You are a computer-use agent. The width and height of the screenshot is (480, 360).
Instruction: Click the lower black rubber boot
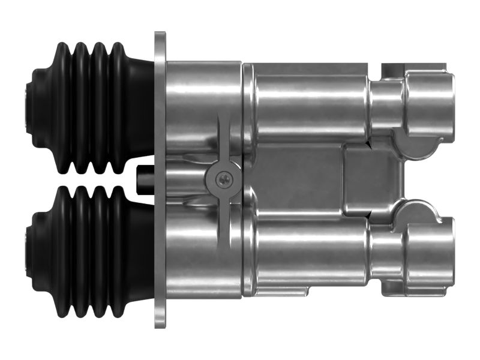pos(90,252)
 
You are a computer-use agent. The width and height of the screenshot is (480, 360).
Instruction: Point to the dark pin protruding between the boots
pos(144,178)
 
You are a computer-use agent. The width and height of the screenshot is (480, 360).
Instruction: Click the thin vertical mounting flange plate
pos(160,180)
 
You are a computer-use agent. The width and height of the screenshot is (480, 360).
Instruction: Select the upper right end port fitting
pos(430,102)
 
